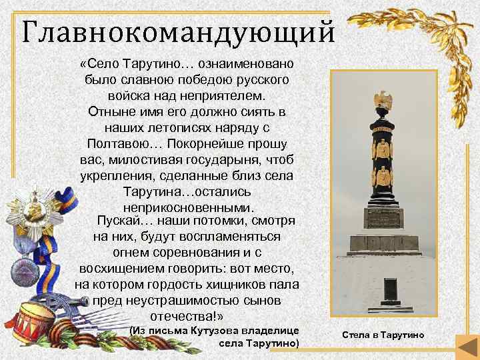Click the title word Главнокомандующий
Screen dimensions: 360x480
[x=174, y=30]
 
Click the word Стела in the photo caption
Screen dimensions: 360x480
[x=355, y=334]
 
